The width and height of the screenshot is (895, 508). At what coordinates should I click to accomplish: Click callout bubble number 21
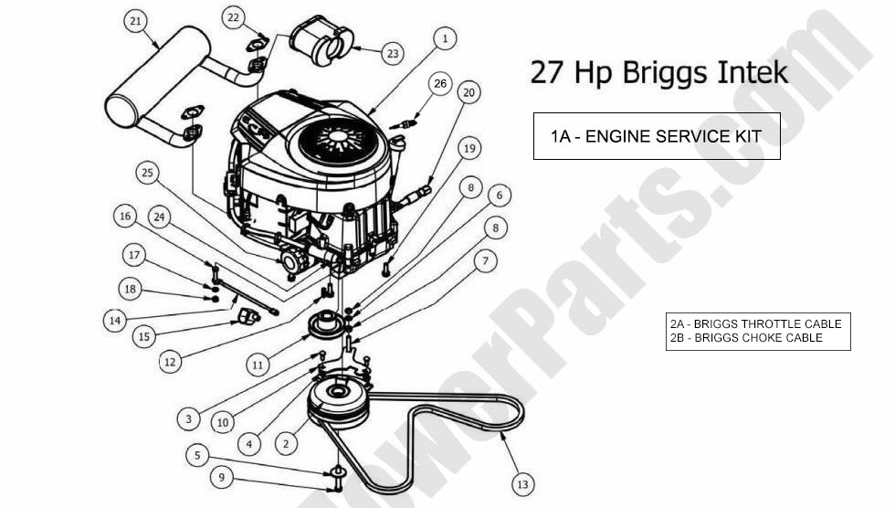(136, 21)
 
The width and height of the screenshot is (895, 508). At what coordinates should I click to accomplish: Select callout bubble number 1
(445, 38)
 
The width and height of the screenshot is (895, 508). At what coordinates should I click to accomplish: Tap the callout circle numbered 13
(522, 483)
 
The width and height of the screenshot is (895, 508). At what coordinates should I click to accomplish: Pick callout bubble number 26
(440, 84)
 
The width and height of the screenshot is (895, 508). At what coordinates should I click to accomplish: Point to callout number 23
(392, 54)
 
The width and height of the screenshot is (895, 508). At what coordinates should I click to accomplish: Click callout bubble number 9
(218, 476)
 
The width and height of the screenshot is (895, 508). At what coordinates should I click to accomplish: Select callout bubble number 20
(469, 92)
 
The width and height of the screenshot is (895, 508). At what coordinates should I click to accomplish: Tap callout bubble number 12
(169, 361)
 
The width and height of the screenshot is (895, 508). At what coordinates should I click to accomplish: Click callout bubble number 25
(148, 171)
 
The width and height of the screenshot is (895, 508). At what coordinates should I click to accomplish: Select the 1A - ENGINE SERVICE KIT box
(657, 136)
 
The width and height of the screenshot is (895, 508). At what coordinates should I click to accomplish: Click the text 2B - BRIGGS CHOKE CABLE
(746, 338)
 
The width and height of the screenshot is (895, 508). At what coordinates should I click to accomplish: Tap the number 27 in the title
(547, 73)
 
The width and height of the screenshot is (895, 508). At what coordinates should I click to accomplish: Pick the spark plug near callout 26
(405, 120)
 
